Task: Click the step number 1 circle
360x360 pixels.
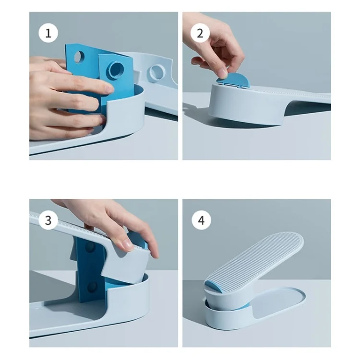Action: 48,33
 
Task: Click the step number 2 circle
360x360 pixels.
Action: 200,33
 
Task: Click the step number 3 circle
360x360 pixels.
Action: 48,220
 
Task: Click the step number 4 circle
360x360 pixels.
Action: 202,220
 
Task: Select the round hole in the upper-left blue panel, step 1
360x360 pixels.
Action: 79,57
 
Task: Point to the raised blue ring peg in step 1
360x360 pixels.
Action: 116,70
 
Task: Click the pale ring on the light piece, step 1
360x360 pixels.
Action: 156,72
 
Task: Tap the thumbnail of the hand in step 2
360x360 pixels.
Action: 222,73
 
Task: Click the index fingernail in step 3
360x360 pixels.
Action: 127,245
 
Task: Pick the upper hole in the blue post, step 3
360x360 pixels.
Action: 90,247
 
